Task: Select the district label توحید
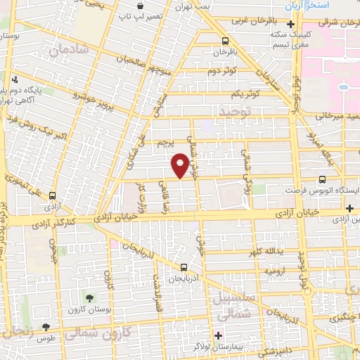tap(235, 111)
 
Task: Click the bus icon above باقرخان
tap(225, 40)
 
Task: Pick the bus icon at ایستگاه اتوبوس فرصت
tap(322, 180)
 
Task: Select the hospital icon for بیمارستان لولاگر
tap(218, 335)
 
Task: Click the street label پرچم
tap(167, 143)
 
